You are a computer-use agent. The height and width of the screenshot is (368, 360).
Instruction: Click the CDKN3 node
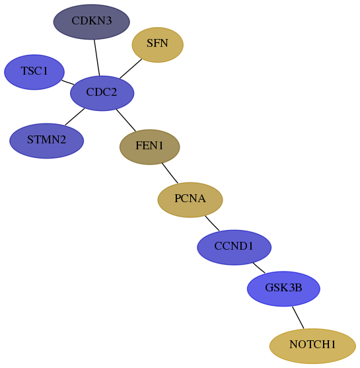click(92, 22)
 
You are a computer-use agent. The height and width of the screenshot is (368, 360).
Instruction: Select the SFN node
click(157, 45)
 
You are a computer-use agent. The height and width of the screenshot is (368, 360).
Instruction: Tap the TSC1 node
click(34, 72)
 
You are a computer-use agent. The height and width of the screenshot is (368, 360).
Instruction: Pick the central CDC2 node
click(102, 93)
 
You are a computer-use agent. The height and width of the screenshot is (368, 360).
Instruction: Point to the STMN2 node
click(47, 141)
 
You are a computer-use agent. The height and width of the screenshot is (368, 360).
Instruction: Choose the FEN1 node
click(150, 147)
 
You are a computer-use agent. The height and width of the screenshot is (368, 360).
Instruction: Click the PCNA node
click(190, 200)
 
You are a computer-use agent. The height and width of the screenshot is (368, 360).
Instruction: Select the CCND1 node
click(234, 247)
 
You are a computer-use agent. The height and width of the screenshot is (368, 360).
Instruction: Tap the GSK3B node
click(283, 289)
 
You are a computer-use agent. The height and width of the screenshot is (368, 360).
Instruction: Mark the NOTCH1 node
click(312, 346)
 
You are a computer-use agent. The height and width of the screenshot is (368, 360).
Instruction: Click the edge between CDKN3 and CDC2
click(97, 57)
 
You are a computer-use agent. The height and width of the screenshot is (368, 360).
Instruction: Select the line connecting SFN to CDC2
click(131, 69)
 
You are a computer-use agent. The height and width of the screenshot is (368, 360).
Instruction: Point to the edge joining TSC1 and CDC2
click(68, 83)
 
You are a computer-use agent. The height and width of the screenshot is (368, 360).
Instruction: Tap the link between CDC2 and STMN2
click(75, 117)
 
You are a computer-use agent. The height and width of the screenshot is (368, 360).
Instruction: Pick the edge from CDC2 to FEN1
click(126, 120)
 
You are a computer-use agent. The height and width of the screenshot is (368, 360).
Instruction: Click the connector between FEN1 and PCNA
click(170, 173)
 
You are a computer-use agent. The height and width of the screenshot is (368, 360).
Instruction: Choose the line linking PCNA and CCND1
click(212, 223)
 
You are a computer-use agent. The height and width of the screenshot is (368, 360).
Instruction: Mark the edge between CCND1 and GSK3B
click(259, 268)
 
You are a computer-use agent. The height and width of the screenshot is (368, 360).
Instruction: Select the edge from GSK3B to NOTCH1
click(298, 318)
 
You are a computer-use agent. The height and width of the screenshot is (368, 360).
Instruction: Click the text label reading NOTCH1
click(312, 344)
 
